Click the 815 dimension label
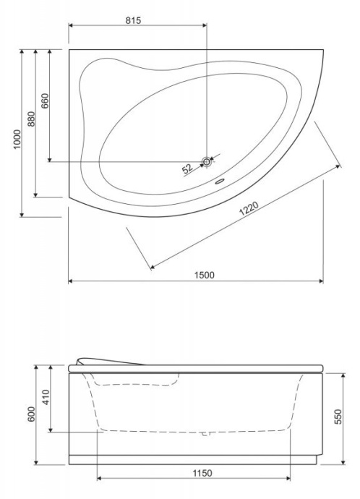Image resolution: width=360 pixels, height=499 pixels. (132, 21)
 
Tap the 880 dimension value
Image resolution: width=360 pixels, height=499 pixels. (30, 119)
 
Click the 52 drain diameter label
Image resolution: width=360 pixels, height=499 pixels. (187, 169)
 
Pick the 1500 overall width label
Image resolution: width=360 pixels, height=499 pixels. (204, 274)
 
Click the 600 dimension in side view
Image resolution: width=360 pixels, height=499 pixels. (30, 416)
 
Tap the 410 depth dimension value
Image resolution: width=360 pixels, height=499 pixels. (44, 397)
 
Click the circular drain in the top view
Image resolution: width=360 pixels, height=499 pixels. (208, 162)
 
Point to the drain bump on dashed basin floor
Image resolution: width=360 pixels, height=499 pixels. (205, 434)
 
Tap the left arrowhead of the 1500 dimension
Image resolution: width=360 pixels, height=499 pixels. (71, 281)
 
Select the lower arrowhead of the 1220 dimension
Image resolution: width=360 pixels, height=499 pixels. (151, 268)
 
